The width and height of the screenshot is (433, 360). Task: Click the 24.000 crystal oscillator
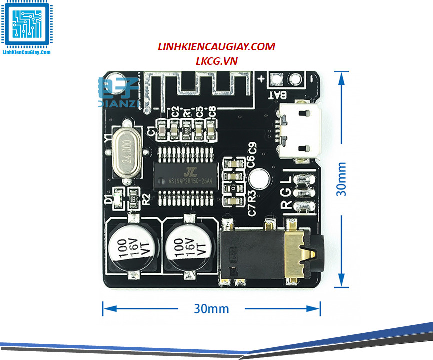(126, 150)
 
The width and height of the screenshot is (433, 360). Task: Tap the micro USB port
(298, 132)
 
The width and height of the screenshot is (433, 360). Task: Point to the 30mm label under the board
(211, 308)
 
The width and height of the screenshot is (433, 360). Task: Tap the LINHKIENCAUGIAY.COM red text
(216, 47)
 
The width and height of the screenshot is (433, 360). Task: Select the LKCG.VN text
(217, 60)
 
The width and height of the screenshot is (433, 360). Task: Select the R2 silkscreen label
(145, 200)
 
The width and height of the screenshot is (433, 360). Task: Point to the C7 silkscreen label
(252, 209)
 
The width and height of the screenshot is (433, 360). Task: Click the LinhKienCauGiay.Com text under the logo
(26, 52)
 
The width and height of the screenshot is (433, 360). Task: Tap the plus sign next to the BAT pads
(261, 78)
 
